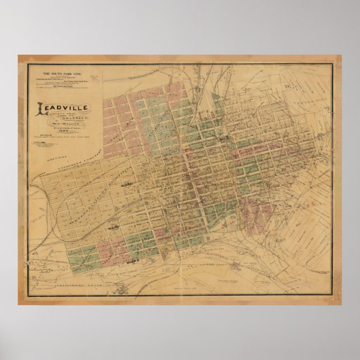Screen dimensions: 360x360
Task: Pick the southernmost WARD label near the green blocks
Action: (133, 261)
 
